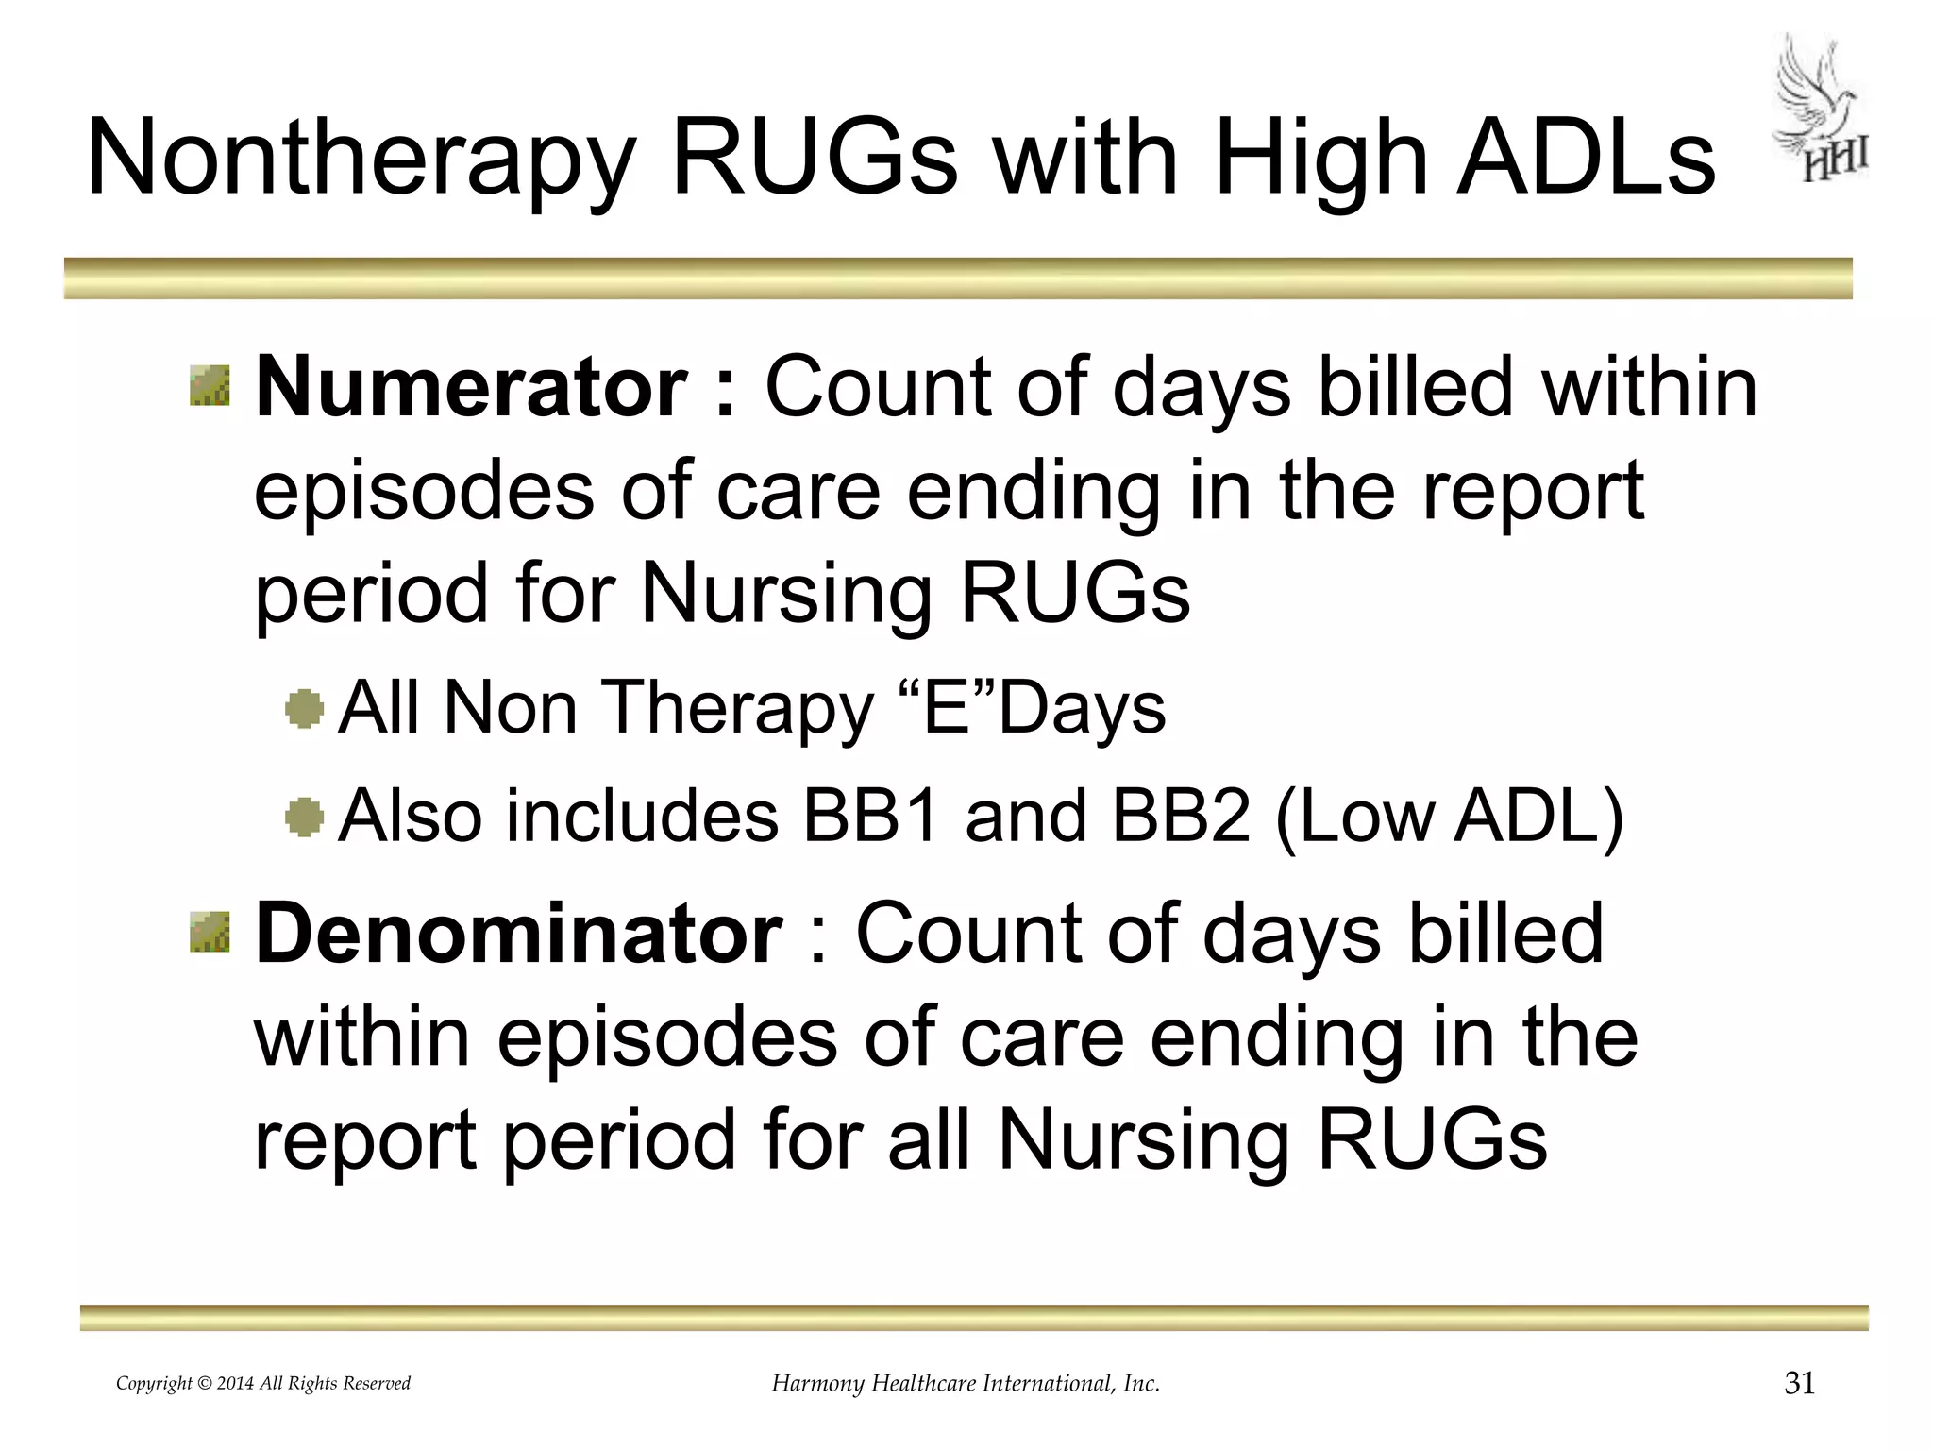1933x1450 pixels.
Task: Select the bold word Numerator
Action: (x=472, y=387)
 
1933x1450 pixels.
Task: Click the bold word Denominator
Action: (x=519, y=934)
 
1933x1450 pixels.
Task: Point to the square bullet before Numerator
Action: (x=210, y=387)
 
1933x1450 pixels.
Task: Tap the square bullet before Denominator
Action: (x=210, y=933)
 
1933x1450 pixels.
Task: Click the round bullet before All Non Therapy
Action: (x=305, y=709)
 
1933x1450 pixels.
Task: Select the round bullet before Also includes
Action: (x=305, y=817)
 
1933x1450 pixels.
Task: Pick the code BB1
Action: (x=869, y=817)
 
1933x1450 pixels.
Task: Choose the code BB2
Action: (x=1181, y=817)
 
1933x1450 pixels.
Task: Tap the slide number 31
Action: (x=1800, y=1384)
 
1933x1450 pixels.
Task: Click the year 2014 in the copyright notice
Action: (x=235, y=1384)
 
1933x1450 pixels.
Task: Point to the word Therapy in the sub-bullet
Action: (x=737, y=710)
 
